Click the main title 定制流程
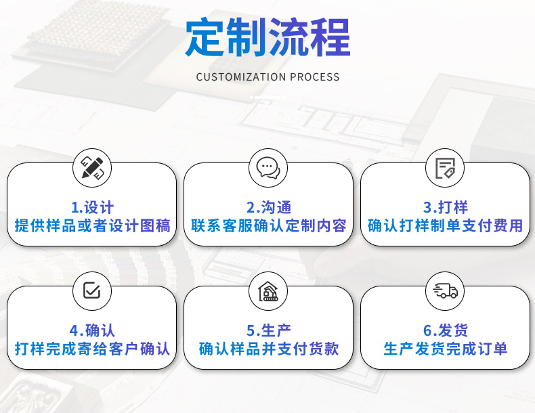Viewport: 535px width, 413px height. [268, 37]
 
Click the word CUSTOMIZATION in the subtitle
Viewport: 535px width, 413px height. [241, 77]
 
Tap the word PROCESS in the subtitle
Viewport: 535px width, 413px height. [315, 77]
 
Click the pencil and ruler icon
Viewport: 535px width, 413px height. [92, 168]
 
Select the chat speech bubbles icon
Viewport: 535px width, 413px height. [268, 168]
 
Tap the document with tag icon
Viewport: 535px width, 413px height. [445, 168]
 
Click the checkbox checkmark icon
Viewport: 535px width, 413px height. [92, 290]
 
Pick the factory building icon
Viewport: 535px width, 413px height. [268, 291]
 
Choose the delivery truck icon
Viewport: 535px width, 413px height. [445, 291]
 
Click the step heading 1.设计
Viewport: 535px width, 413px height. [92, 207]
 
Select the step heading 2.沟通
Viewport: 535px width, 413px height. [269, 207]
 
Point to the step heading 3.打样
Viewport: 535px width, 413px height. [445, 207]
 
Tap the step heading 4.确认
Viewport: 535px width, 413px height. [92, 330]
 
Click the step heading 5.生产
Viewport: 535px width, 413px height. [269, 330]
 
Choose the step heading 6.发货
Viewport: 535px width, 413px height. [445, 330]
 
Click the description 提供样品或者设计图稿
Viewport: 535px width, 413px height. [92, 225]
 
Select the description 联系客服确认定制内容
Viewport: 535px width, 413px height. [269, 225]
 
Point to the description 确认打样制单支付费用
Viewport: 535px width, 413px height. [445, 225]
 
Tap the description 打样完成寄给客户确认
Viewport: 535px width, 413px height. [92, 349]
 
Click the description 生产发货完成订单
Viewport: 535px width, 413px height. [445, 349]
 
